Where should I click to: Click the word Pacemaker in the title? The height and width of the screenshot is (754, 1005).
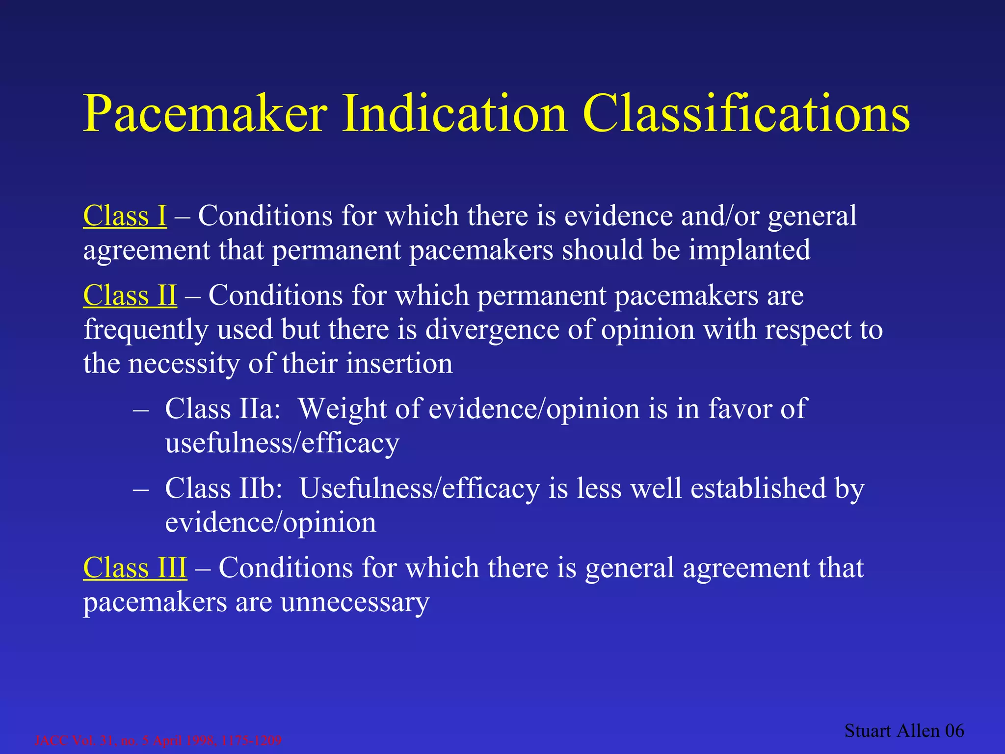point(205,114)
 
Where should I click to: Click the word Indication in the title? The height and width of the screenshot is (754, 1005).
point(454,114)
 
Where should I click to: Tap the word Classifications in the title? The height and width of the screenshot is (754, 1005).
point(747,114)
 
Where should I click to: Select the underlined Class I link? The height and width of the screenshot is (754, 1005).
point(125,216)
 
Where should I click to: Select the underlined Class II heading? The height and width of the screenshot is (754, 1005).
point(130,296)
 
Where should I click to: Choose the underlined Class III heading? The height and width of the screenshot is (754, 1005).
point(135,568)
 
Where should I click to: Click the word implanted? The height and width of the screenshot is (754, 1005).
point(749,250)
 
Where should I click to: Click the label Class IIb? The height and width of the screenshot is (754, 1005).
point(224,488)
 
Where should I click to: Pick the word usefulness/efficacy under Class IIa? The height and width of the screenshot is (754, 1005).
point(282,443)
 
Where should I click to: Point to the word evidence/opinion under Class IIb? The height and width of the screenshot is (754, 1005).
point(270,522)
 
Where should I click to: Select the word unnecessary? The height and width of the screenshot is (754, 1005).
point(355,602)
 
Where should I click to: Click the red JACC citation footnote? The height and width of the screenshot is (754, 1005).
point(158,740)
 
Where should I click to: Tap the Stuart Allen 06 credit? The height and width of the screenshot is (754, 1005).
point(904,731)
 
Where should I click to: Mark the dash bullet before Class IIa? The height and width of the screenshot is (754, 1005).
point(140,409)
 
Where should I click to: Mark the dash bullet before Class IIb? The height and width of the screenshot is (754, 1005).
point(140,489)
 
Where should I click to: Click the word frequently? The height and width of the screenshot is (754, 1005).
point(146,330)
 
